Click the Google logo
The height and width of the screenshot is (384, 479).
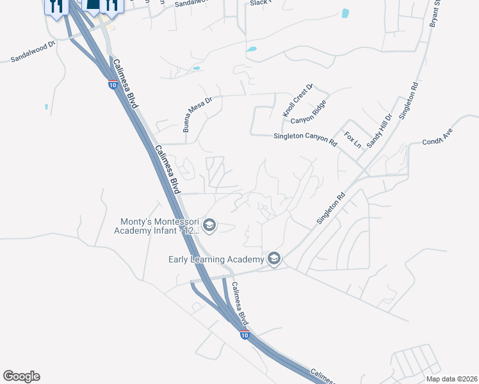click(21, 376)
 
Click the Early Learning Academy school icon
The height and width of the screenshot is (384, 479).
click(274, 258)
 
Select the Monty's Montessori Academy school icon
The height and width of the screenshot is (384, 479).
click(209, 225)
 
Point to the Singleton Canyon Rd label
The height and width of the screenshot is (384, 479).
click(305, 137)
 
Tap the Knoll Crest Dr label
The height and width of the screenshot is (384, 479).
click(297, 100)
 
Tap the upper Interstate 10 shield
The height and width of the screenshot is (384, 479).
click(112, 84)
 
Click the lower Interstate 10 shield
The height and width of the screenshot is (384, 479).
click(244, 334)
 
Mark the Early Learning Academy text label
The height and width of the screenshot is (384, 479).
click(216, 259)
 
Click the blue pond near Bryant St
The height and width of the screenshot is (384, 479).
click(346, 13)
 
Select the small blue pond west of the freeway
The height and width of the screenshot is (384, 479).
click(46, 107)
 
